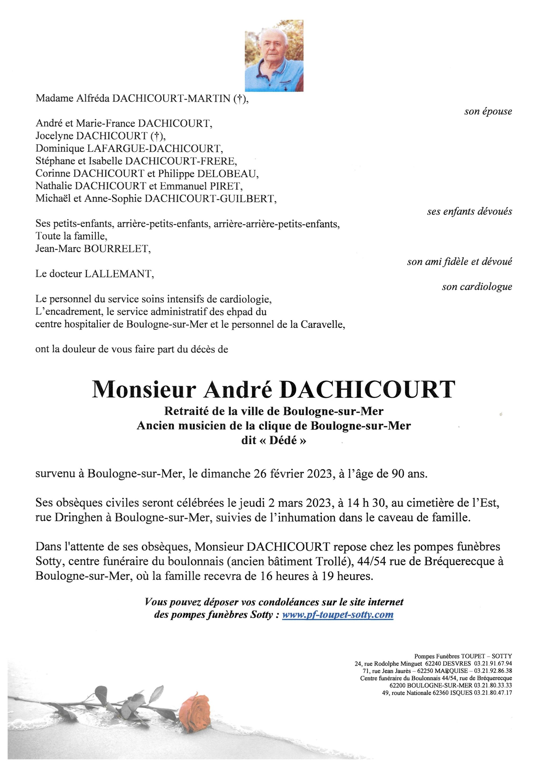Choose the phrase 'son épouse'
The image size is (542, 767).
[488, 112]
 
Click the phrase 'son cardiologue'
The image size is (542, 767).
[477, 287]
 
